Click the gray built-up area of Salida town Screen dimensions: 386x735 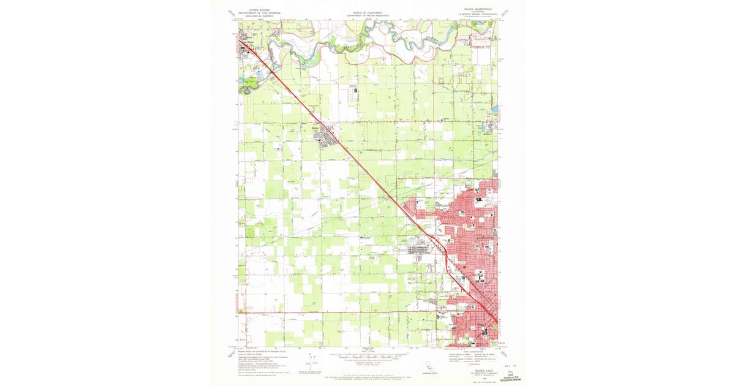pyautogui.click(x=326, y=136)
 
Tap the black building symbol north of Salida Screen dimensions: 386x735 pyautogui.click(x=356, y=91)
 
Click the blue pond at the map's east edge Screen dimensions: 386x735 pyautogui.click(x=494, y=110)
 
